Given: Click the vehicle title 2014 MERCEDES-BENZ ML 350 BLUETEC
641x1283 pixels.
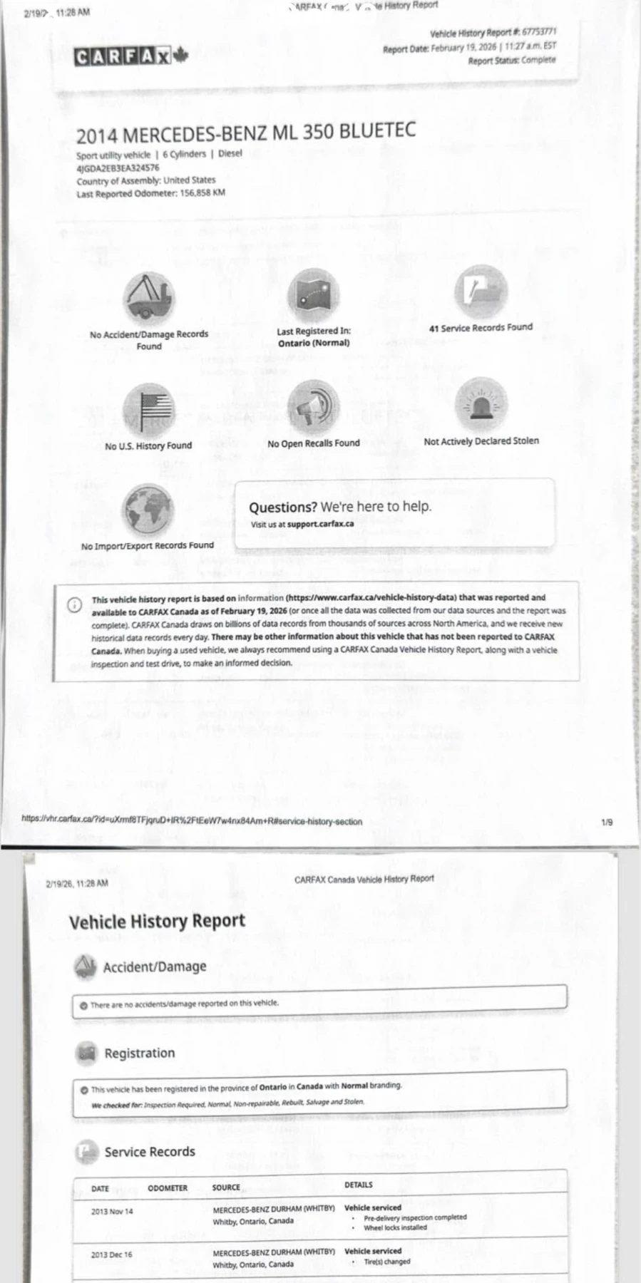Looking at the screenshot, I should point(245,133).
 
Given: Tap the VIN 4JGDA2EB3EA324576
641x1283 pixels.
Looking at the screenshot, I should point(118,168).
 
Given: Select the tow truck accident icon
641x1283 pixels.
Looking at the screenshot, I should point(148,298).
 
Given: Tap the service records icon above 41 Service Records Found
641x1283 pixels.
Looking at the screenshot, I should point(481,292).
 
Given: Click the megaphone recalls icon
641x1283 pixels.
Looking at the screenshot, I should point(313,407).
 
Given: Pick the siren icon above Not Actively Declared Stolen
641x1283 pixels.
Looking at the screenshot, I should point(481,404).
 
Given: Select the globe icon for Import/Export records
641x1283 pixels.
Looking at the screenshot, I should point(148,510).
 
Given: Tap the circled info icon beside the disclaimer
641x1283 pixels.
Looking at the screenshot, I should point(75,604).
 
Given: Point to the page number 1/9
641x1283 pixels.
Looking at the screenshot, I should point(607,822).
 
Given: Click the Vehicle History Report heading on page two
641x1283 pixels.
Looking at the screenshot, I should point(157,921).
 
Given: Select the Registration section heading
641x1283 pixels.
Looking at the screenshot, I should point(139,1053).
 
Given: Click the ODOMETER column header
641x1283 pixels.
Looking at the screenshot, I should point(168,1188).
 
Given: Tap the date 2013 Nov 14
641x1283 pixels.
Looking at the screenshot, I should point(112,1212).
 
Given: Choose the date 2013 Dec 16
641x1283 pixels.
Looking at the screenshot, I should point(111,1255).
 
